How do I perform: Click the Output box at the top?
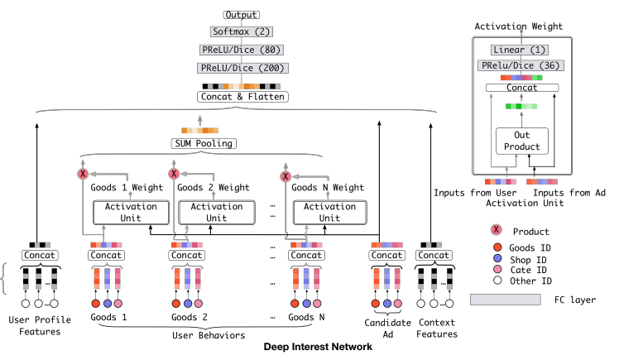click(241, 15)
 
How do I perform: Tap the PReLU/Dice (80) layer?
click(241, 50)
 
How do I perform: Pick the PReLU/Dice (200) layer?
click(241, 68)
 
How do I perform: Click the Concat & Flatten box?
click(241, 97)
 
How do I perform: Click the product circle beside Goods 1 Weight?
click(83, 175)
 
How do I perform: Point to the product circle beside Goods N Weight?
click(286, 175)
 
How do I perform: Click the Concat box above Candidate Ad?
click(387, 255)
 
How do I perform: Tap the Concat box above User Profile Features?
click(40, 255)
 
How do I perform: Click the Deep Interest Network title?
click(318, 348)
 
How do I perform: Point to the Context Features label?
click(436, 329)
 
